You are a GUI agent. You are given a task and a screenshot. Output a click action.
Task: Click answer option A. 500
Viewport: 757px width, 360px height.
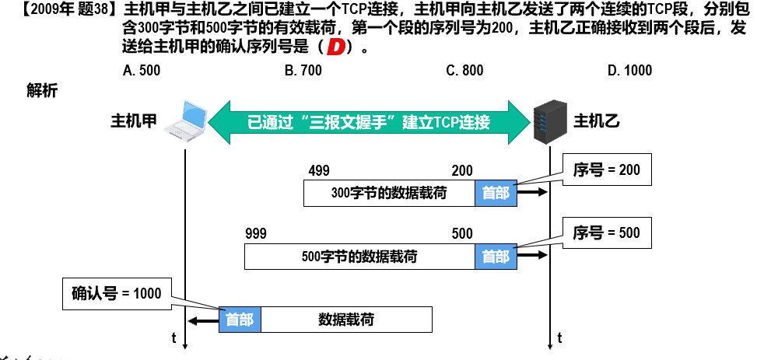coord(142,71)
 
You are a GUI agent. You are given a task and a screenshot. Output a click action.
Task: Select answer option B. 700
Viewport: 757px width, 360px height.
coord(303,71)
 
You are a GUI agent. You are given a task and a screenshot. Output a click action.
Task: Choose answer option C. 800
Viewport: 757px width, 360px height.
coord(464,71)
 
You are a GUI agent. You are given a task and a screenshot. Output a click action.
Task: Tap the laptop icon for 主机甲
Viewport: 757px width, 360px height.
coord(187,120)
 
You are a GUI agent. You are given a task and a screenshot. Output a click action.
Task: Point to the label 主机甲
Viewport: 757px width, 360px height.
coord(134,122)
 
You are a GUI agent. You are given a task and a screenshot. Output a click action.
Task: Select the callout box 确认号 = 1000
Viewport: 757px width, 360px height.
coord(117,293)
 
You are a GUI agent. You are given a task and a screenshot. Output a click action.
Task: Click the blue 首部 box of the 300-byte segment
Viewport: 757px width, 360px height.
coord(496,193)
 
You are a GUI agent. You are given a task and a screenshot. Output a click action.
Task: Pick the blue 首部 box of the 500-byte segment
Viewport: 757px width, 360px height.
coord(496,256)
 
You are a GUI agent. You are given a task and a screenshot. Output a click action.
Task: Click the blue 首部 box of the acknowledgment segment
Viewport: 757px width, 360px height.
coord(240,320)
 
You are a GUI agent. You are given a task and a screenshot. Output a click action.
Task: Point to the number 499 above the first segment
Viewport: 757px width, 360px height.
coord(319,171)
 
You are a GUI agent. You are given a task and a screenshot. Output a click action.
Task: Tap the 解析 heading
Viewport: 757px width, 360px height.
coord(42,91)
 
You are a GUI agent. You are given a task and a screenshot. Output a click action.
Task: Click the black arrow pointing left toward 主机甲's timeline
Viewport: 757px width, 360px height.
coord(205,320)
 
